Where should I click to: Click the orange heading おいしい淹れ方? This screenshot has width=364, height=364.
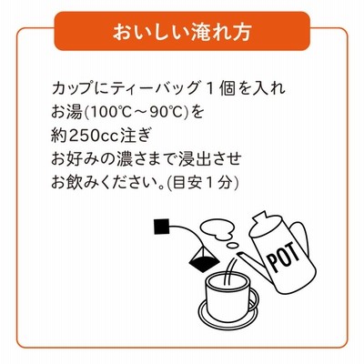[x=182, y=31]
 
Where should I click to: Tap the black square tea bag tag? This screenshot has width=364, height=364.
[x=161, y=226]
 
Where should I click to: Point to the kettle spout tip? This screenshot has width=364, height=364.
[x=239, y=254]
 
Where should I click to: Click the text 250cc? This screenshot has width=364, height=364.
[x=93, y=136]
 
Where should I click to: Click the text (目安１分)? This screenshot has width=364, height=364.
[x=203, y=183]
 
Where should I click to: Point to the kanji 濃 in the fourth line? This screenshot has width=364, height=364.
[x=124, y=159]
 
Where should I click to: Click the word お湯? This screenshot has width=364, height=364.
[x=66, y=113]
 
